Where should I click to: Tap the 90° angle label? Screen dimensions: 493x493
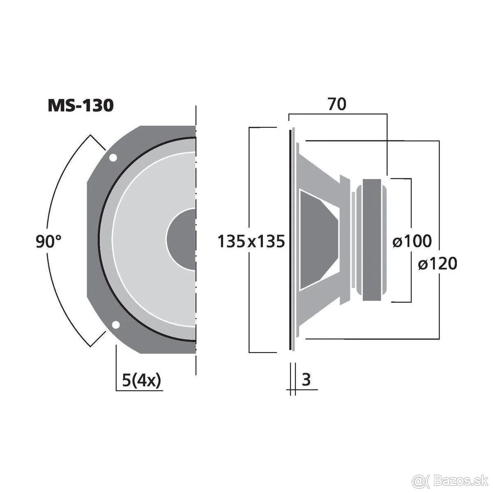point(48,242)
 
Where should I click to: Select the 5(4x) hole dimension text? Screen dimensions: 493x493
point(141,380)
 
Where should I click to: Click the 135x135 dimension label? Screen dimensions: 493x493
point(251,242)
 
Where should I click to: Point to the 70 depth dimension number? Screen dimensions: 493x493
point(337,105)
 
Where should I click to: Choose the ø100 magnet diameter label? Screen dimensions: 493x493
point(412,241)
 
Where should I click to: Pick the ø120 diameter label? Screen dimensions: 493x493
point(437,263)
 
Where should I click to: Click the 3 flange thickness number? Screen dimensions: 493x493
point(306,380)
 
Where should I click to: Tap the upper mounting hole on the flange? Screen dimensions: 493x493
point(112,157)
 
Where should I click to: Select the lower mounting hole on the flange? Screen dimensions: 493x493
point(116,325)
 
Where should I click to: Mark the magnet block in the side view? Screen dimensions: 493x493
point(374,240)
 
